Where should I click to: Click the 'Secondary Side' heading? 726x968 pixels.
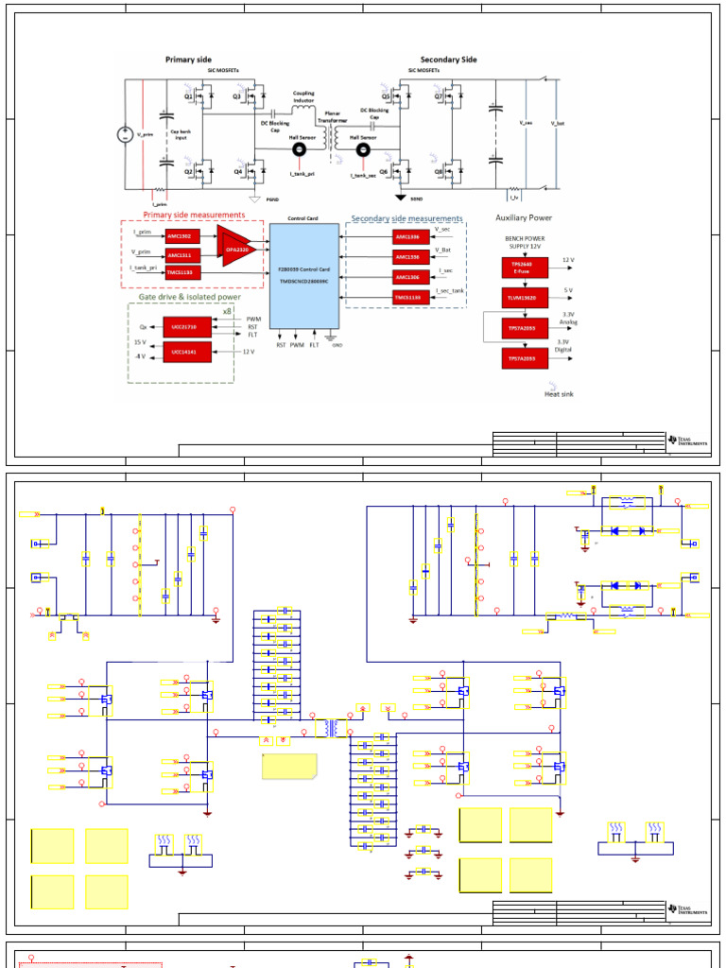pos(448,60)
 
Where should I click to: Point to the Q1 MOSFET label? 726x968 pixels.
pos(188,96)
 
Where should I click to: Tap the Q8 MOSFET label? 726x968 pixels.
pos(440,172)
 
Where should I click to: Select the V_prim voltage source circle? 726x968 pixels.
pos(124,135)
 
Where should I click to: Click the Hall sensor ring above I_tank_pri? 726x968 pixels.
pos(302,148)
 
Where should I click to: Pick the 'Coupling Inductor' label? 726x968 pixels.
pos(302,97)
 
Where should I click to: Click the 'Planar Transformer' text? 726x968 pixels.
pos(332,116)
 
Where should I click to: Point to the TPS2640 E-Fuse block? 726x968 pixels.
pos(521,267)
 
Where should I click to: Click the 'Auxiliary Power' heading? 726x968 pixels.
pos(523,218)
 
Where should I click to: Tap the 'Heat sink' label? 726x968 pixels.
pos(559,394)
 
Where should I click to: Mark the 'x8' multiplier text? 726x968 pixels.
pos(227,311)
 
